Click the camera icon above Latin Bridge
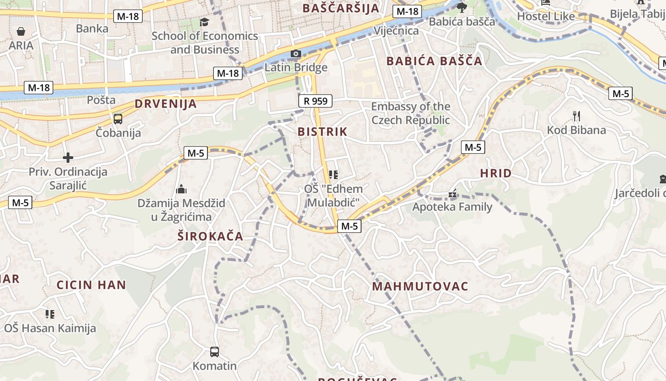coord(295,53)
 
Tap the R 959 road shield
coord(315,101)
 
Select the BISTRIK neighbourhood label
coord(323,131)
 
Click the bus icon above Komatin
coord(215,352)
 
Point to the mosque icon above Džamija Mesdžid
coord(181,189)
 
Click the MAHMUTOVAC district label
coord(420,286)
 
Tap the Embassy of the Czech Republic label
coord(410,113)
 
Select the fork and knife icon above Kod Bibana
coord(577,116)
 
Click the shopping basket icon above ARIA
coord(21,32)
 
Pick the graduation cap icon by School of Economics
coord(204,22)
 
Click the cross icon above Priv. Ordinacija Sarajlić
coord(68,157)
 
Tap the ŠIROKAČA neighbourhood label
coord(210,236)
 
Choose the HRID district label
coord(496,173)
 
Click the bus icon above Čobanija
coord(118,119)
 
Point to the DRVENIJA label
coord(166,104)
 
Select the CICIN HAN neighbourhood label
coord(91,285)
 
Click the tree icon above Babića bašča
coord(461,7)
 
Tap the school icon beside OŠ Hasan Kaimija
coord(50,314)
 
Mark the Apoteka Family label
coord(452,207)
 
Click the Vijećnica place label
coord(396,31)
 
